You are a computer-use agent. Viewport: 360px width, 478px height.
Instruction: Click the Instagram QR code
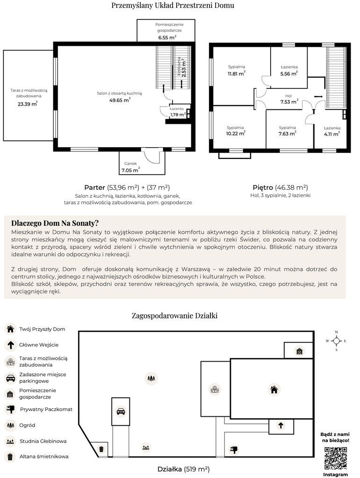(x=335, y=458)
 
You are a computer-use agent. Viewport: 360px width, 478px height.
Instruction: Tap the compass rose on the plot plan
(x=336, y=341)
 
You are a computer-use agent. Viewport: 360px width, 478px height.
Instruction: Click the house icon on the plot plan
(x=274, y=389)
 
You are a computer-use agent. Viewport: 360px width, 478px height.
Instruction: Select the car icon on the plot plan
(x=121, y=412)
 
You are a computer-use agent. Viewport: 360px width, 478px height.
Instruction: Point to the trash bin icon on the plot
(x=101, y=449)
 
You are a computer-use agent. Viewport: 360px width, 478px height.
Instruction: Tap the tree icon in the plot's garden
(x=151, y=378)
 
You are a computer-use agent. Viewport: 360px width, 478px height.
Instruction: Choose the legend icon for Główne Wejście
(x=10, y=345)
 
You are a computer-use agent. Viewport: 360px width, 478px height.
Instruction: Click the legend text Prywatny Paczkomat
(x=46, y=409)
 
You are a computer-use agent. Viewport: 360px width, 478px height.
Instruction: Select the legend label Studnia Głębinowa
(x=43, y=441)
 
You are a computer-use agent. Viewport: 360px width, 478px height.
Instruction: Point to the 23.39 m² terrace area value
(x=27, y=104)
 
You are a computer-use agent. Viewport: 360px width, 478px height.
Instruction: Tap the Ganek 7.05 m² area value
(x=130, y=171)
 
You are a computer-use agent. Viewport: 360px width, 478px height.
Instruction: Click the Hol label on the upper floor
(x=288, y=96)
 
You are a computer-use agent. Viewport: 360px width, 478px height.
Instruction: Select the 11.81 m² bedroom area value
(x=237, y=73)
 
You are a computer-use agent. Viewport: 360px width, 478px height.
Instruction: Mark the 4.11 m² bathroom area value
(x=332, y=134)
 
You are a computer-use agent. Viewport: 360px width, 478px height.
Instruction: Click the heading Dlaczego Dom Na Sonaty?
(x=55, y=223)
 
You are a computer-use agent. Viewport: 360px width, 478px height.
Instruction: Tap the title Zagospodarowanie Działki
(x=174, y=315)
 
